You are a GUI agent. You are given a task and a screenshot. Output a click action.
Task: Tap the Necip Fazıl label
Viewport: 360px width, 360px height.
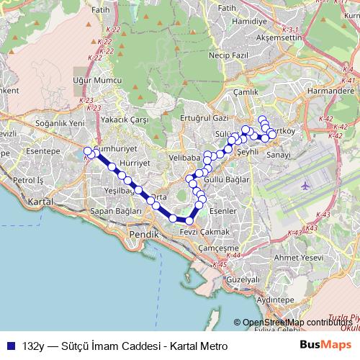pos(228,54)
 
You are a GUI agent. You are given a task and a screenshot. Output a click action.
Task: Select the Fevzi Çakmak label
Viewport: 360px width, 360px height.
pos(205,232)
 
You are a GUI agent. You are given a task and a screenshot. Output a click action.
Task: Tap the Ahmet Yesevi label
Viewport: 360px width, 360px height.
pos(306,257)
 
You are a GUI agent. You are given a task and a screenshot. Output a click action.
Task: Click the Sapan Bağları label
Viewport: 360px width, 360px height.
pos(115,212)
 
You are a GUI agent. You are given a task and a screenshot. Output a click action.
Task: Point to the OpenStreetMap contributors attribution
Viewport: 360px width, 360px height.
pos(297,322)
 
